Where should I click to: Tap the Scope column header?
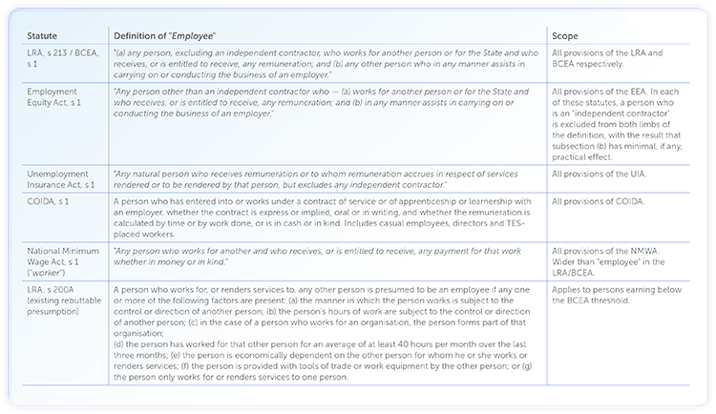click(x=567, y=34)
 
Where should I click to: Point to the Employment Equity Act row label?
click(x=58, y=98)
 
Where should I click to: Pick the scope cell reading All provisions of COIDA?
click(x=599, y=201)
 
